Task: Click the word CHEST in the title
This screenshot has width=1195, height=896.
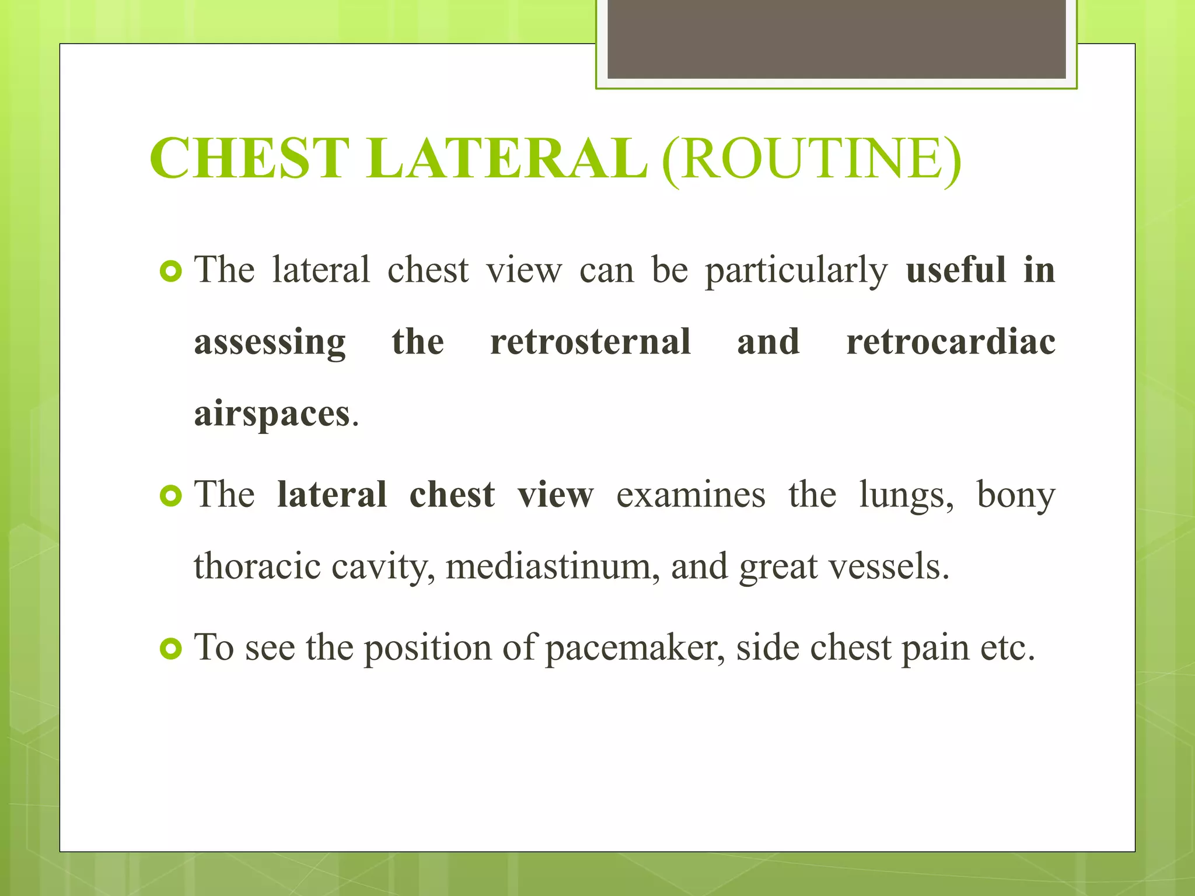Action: tap(249, 159)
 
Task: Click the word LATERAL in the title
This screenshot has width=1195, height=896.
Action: tap(507, 159)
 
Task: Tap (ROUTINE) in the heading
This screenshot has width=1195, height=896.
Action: tap(811, 159)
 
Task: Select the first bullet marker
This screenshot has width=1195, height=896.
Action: tap(171, 271)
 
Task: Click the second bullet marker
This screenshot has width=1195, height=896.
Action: tap(171, 496)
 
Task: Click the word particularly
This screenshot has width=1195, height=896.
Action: tap(796, 271)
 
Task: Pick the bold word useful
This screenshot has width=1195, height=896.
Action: tap(955, 270)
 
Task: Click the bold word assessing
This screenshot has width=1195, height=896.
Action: tap(270, 344)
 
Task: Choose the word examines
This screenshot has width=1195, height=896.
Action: tap(691, 495)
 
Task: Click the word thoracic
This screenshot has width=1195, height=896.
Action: tap(257, 567)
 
